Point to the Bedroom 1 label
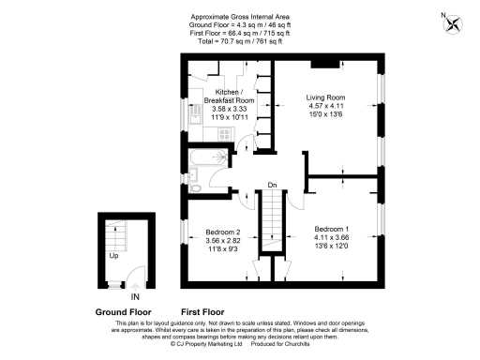click(x=332, y=230)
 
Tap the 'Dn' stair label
click(x=272, y=185)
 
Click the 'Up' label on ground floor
click(x=113, y=255)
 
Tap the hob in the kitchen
click(x=224, y=133)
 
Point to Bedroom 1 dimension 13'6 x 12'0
click(x=332, y=247)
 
